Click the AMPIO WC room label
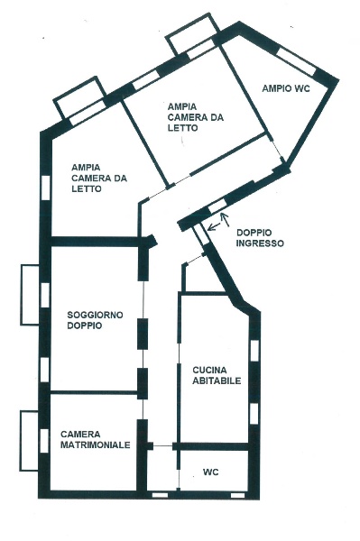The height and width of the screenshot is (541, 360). pyautogui.click(x=286, y=88)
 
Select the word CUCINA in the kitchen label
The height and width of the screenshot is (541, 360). pyautogui.click(x=209, y=371)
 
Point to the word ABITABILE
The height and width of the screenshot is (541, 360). pyautogui.click(x=217, y=381)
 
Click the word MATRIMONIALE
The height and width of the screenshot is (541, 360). pyautogui.click(x=96, y=445)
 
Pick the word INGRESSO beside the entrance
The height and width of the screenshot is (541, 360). pyautogui.click(x=260, y=243)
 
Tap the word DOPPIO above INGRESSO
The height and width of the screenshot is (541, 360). pyautogui.click(x=254, y=233)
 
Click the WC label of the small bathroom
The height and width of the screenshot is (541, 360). pyautogui.click(x=210, y=472)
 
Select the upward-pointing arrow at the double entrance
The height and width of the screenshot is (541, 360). pyautogui.click(x=226, y=220)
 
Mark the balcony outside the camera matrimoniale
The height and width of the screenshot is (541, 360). pyautogui.click(x=30, y=441)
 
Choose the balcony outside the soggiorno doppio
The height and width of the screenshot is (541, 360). pyautogui.click(x=30, y=294)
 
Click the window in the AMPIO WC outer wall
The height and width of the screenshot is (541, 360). pyautogui.click(x=297, y=61)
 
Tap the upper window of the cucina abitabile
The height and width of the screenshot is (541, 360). pyautogui.click(x=254, y=351)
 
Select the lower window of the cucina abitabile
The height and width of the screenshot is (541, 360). pyautogui.click(x=254, y=413)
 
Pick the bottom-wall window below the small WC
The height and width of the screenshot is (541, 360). pyautogui.click(x=237, y=495)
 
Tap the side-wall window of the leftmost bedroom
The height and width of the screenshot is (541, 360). pyautogui.click(x=45, y=188)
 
